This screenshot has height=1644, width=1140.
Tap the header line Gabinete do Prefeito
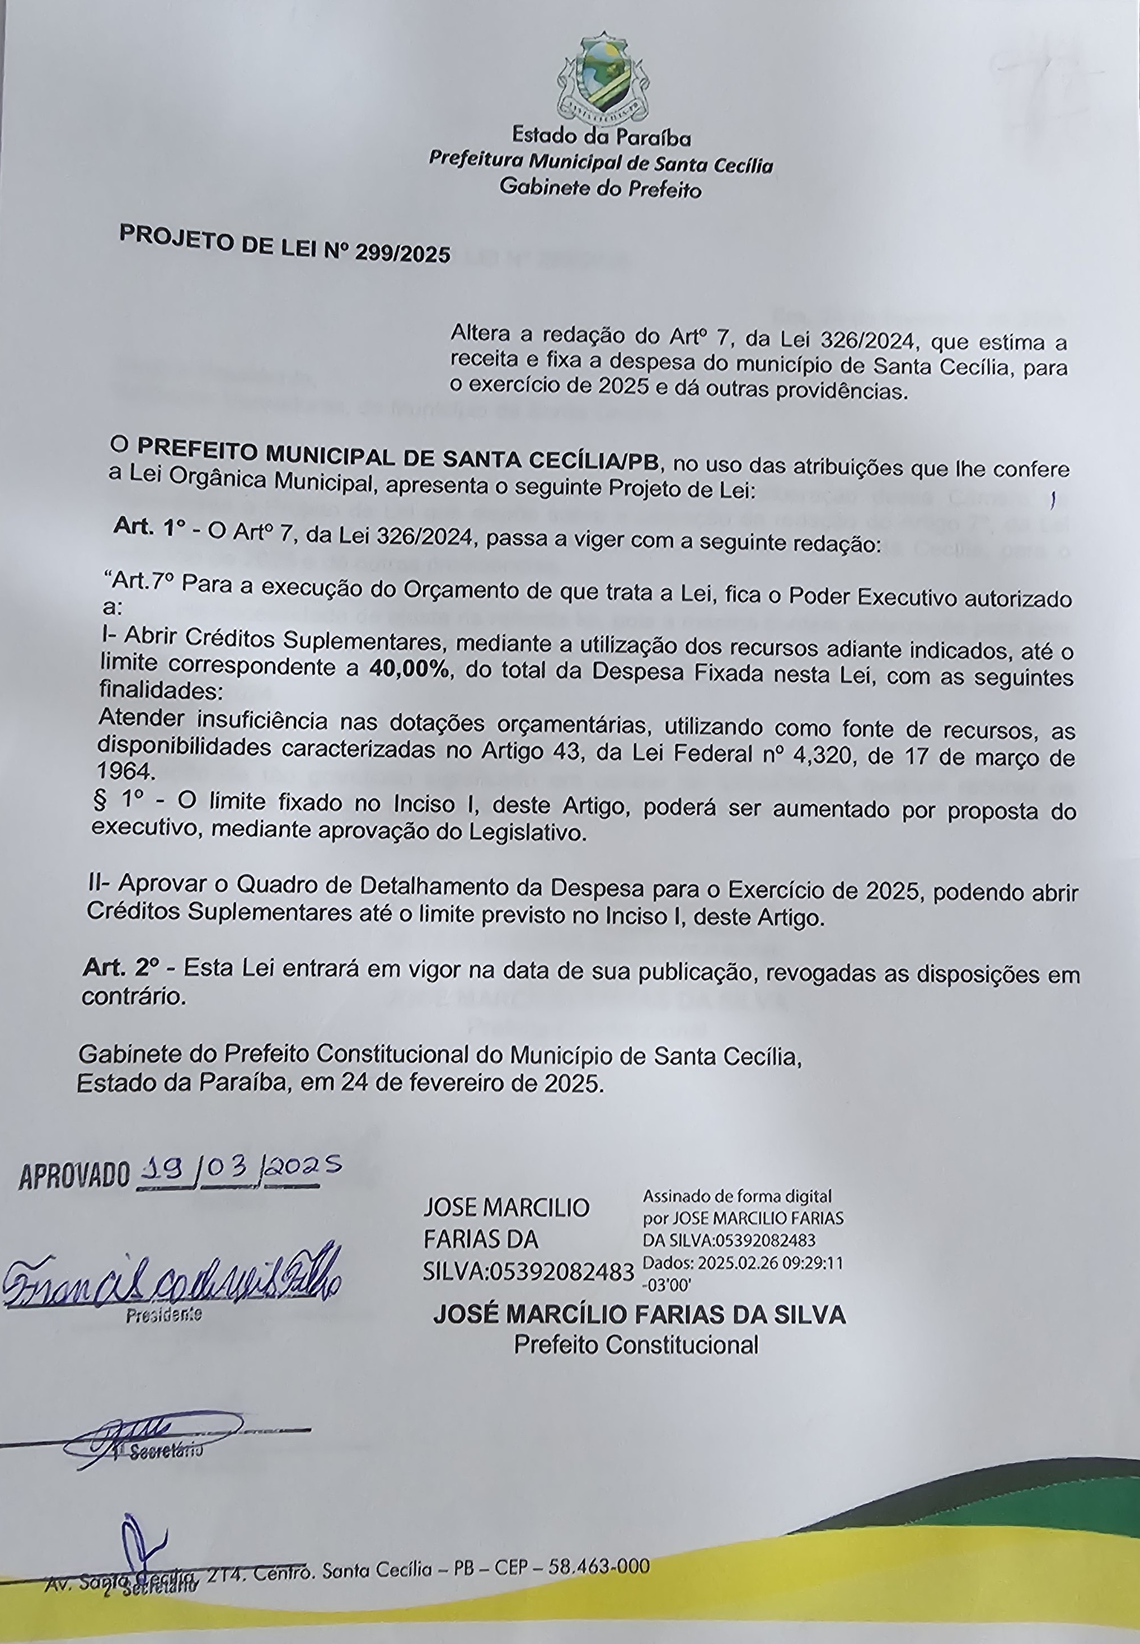pyautogui.click(x=600, y=188)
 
